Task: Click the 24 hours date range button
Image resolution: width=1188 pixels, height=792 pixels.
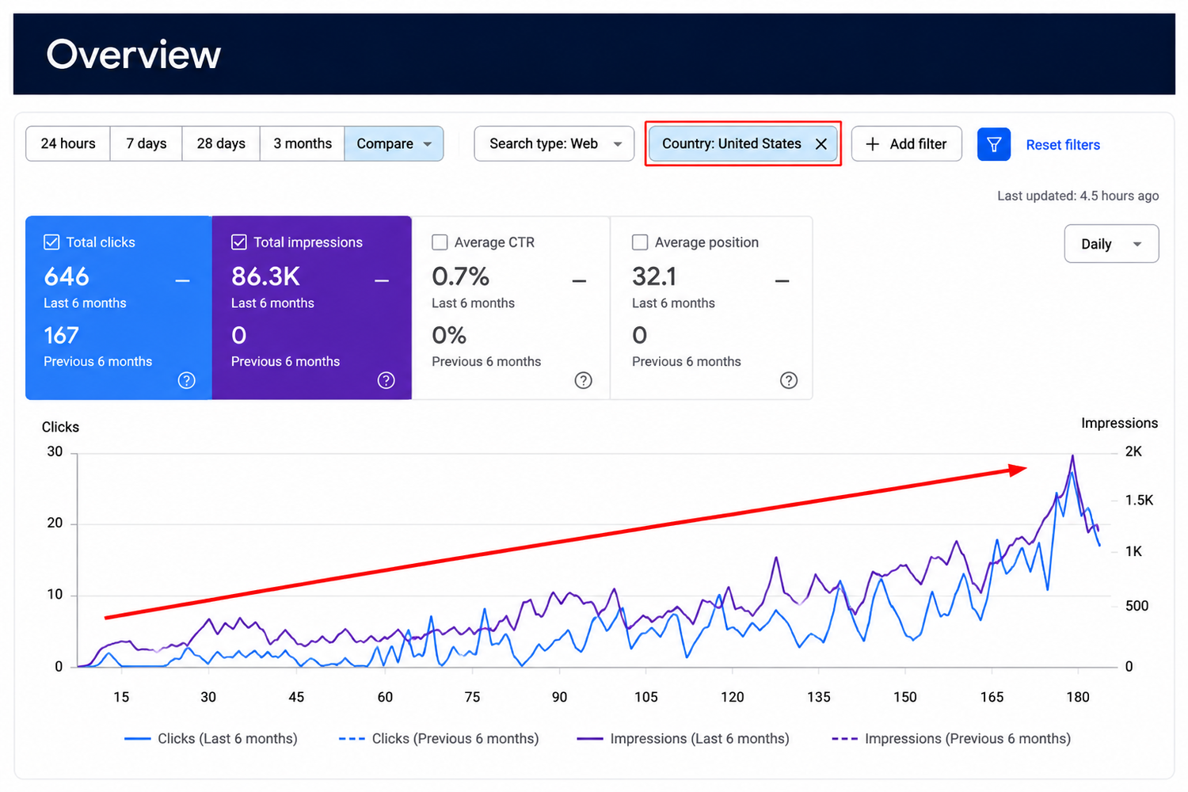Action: [x=68, y=144]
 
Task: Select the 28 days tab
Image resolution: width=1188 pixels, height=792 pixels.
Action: [x=221, y=144]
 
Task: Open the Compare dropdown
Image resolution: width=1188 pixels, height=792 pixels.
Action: [x=394, y=144]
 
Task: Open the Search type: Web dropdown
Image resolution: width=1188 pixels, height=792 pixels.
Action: [x=554, y=144]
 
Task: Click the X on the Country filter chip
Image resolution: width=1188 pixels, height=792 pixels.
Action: [x=821, y=144]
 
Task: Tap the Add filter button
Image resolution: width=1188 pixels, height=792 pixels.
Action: [x=906, y=144]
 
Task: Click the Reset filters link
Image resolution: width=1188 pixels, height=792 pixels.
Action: [x=1063, y=145]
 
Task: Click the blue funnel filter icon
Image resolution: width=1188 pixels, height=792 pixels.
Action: [x=994, y=144]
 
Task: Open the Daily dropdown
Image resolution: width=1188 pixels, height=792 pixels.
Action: [x=1111, y=244]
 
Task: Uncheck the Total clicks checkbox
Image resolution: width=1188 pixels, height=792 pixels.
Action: [x=51, y=242]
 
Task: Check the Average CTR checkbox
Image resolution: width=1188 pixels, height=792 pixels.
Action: [x=440, y=242]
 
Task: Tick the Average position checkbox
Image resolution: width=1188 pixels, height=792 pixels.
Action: [x=640, y=242]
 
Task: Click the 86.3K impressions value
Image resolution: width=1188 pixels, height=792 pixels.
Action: [x=265, y=276]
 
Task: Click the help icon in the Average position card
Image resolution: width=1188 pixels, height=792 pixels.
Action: [x=789, y=380]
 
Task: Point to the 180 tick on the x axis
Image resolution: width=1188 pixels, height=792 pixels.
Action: [x=1078, y=696]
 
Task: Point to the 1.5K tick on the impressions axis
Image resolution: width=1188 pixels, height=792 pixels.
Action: [x=1139, y=501]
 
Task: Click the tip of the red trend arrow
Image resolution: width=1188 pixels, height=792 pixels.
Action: [x=1027, y=468]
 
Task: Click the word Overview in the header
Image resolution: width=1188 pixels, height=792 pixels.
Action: [x=134, y=54]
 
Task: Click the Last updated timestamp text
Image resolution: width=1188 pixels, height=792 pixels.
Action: [x=1078, y=196]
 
